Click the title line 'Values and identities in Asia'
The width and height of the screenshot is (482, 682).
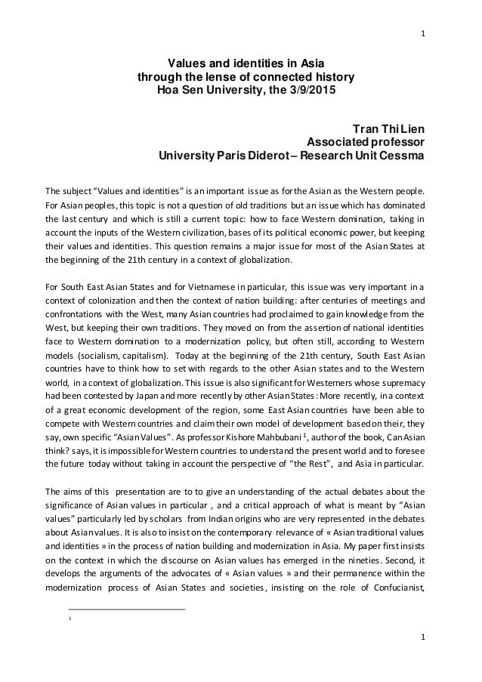click(242, 64)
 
